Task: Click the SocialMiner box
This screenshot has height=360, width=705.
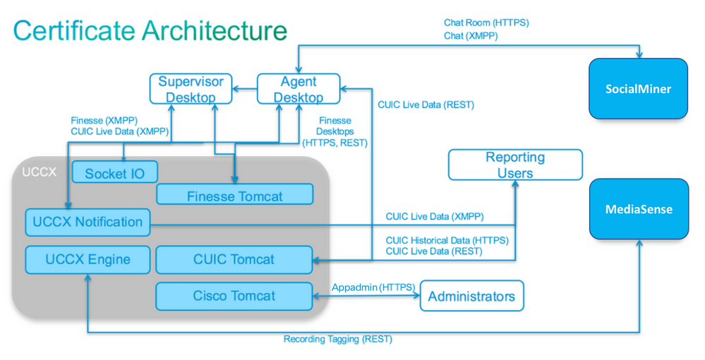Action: pos(639,89)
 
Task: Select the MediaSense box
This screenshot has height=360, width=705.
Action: pos(639,209)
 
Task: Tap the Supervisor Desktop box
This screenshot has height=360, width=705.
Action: pos(191,89)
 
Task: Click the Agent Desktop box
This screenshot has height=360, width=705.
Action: pos(299,89)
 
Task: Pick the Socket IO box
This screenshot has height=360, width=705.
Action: pos(114,172)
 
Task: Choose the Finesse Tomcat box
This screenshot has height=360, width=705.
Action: pos(234,194)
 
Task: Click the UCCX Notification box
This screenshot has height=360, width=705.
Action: pos(88,222)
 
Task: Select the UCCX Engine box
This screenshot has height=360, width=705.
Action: pos(88,260)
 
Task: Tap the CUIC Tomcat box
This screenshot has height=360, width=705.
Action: pos(234,260)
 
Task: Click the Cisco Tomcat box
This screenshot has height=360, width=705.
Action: pos(234,296)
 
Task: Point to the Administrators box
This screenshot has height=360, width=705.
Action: pos(471,296)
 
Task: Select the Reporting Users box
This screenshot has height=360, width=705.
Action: pos(515,164)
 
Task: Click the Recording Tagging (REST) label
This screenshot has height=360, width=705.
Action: pos(337,340)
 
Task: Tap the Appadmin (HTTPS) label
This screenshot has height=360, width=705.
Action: pos(373,287)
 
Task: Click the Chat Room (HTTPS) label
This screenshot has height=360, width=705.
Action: pos(486,23)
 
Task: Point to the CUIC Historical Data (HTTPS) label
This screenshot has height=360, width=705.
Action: pos(447,240)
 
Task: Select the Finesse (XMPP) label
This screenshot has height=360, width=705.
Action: pos(104,121)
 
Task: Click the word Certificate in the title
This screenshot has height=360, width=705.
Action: pos(74,30)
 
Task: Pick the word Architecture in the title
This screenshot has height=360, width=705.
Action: pos(215,30)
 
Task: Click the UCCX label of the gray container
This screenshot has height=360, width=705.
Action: pos(40,172)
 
